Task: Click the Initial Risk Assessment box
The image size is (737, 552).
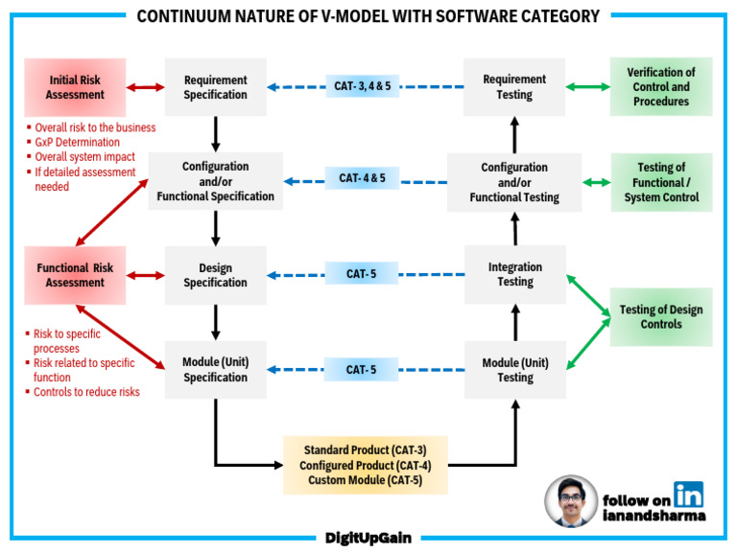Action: (x=76, y=87)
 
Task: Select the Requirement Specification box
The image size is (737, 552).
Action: (x=215, y=87)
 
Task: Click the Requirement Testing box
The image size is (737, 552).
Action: (x=515, y=87)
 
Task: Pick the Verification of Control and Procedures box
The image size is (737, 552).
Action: (x=661, y=87)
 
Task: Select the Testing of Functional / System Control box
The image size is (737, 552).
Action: (x=661, y=182)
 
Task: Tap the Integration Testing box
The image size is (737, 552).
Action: (x=515, y=274)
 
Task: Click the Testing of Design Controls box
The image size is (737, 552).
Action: (x=661, y=316)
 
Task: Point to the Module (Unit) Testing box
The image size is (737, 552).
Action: (x=515, y=370)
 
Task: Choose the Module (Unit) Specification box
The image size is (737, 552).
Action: (x=215, y=370)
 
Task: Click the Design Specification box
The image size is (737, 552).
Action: (x=215, y=275)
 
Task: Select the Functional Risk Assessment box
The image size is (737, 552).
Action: (x=76, y=275)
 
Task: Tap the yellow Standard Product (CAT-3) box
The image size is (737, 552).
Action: (x=366, y=465)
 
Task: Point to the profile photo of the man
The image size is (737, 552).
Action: (x=571, y=501)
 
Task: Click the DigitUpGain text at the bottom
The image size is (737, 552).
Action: (x=368, y=538)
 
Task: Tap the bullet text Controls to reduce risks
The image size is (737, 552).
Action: (x=86, y=392)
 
